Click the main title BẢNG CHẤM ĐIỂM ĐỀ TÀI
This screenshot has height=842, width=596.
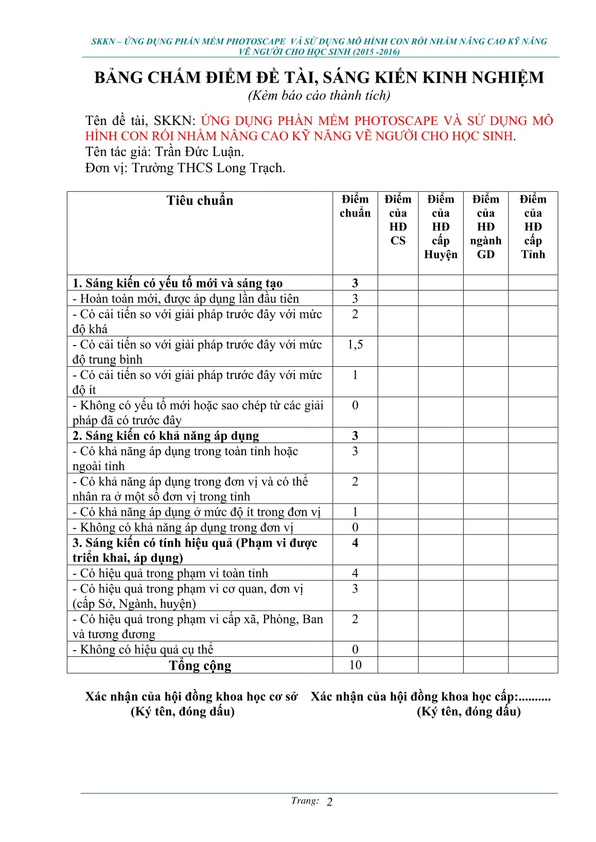[x=319, y=78]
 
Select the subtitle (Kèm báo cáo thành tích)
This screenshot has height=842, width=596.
[x=319, y=96]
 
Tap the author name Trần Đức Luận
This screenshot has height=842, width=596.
[x=199, y=152]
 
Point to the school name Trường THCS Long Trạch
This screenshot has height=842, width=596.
[x=208, y=168]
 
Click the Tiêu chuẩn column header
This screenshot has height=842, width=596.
[x=200, y=201]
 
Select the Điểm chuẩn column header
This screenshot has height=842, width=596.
[x=355, y=206]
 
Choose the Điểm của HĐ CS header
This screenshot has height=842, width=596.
[x=398, y=220]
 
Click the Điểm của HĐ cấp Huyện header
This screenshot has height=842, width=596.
[x=441, y=227]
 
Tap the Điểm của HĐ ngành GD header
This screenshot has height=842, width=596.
[x=486, y=227]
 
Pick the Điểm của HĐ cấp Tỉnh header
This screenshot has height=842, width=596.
[x=533, y=227]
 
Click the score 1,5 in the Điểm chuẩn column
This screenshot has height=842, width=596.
[x=355, y=345]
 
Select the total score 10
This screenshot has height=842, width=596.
[x=355, y=665]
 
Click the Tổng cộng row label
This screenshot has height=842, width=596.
[x=200, y=666]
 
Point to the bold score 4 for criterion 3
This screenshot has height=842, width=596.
[x=355, y=543]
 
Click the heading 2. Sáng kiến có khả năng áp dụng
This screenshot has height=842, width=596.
[x=166, y=436]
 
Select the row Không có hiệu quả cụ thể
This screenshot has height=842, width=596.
[x=143, y=650]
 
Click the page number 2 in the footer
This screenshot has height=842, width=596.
[x=330, y=802]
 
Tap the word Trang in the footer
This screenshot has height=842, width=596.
[x=304, y=801]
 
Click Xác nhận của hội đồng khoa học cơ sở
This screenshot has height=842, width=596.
[x=191, y=697]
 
